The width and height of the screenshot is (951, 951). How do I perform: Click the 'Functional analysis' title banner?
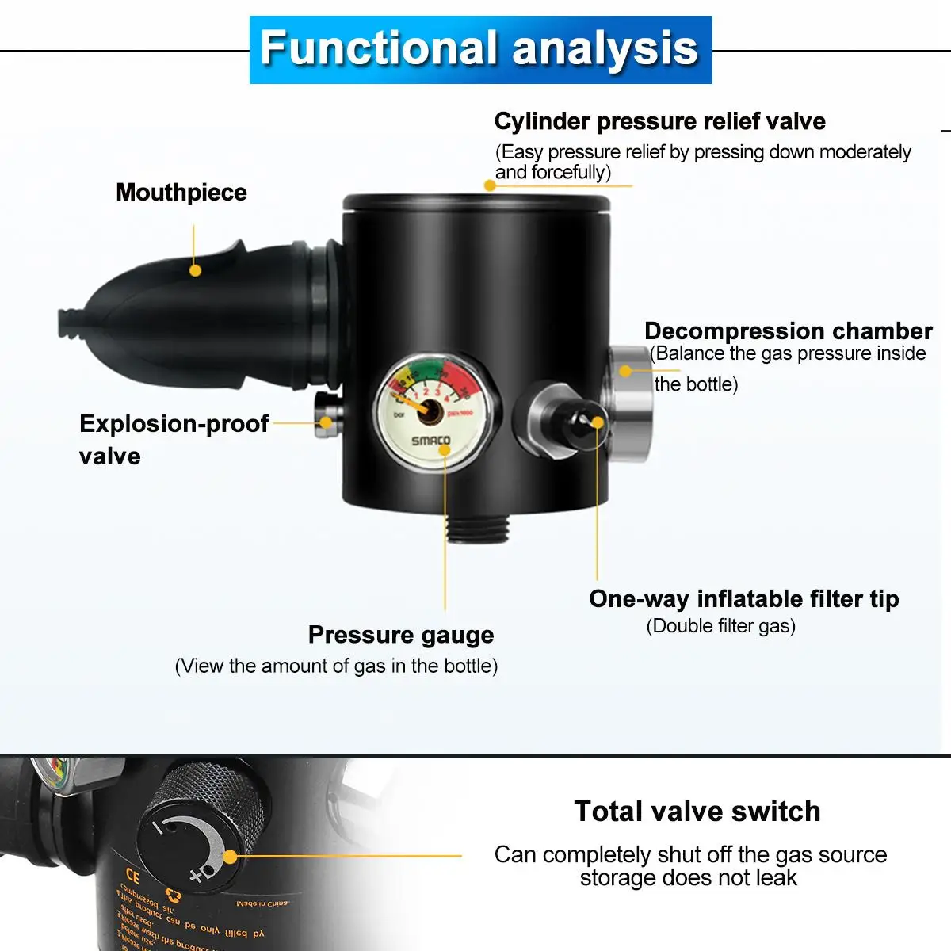pos(480,49)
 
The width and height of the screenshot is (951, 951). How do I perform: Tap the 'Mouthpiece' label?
pos(181,193)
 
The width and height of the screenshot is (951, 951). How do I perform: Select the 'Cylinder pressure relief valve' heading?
pos(659,121)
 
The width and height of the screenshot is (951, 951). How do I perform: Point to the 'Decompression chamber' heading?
pos(788,330)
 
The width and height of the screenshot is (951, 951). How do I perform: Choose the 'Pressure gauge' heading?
pos(400,635)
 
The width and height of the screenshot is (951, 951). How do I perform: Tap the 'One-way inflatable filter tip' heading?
pos(743,598)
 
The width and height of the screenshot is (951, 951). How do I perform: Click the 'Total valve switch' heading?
pos(697,811)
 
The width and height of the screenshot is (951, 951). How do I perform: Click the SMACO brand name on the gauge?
pos(430,441)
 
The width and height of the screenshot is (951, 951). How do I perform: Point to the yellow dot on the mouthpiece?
pos(195,270)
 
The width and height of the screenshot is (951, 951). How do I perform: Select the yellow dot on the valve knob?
pos(230,857)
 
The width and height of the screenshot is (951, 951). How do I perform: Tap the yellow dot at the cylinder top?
pos(490,185)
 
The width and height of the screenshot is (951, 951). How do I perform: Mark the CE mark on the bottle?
pos(132,877)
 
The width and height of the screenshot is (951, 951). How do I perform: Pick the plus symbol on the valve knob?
pos(196,877)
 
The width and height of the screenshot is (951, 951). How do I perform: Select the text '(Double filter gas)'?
pos(720,626)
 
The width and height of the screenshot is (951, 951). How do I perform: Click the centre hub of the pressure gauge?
pos(429,411)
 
